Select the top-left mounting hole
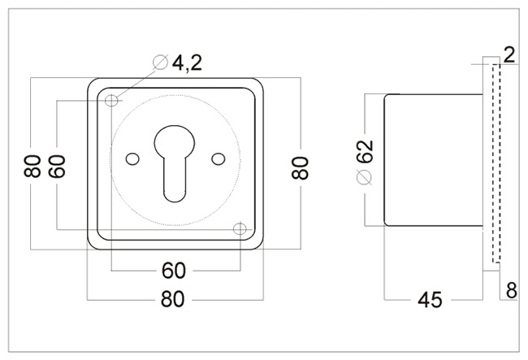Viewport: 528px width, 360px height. [x=111, y=101]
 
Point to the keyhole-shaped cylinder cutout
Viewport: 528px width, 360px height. [x=175, y=159]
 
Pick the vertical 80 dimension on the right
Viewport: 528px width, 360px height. [x=301, y=167]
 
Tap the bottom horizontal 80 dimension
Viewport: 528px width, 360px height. [x=174, y=299]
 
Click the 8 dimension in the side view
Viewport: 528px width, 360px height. [x=510, y=290]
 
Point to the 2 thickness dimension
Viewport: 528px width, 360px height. [x=509, y=55]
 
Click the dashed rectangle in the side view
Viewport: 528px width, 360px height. [x=497, y=163]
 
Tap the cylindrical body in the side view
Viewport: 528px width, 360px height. [x=435, y=159]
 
